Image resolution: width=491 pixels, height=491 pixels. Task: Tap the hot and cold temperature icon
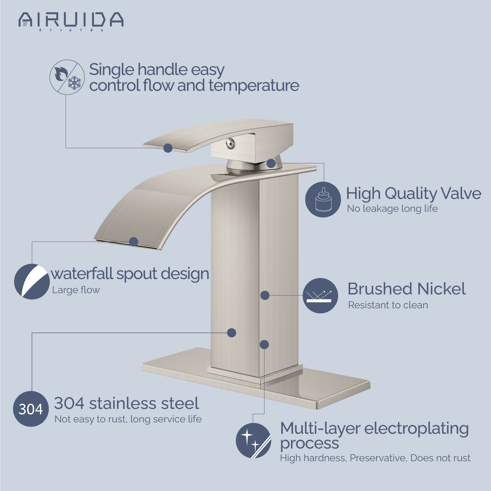point(67,77)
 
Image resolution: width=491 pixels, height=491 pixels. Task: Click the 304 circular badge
point(31,409)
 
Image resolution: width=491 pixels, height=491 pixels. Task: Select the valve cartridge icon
point(323,199)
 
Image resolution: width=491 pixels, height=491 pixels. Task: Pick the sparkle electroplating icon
point(253,440)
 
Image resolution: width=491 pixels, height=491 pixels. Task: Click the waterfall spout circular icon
point(32,282)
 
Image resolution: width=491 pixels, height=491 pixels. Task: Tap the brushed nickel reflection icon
point(320,296)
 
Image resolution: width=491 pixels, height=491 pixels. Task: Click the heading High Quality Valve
point(414,193)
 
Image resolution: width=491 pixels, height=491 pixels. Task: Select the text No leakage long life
point(392,209)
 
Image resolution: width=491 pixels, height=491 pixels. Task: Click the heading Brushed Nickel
point(407,289)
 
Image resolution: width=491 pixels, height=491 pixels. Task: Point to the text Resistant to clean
point(388,305)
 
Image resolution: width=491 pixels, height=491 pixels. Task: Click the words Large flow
point(76,290)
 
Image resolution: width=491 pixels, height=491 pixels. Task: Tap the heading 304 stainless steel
point(127,403)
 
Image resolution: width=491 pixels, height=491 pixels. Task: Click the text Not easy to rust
point(91,419)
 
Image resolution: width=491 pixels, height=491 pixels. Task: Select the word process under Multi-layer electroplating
point(310,444)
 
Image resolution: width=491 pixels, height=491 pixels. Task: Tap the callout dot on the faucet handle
point(168,148)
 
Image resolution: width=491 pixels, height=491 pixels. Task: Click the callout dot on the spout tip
point(134,242)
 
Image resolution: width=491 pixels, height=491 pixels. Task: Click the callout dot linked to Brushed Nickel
point(265,296)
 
